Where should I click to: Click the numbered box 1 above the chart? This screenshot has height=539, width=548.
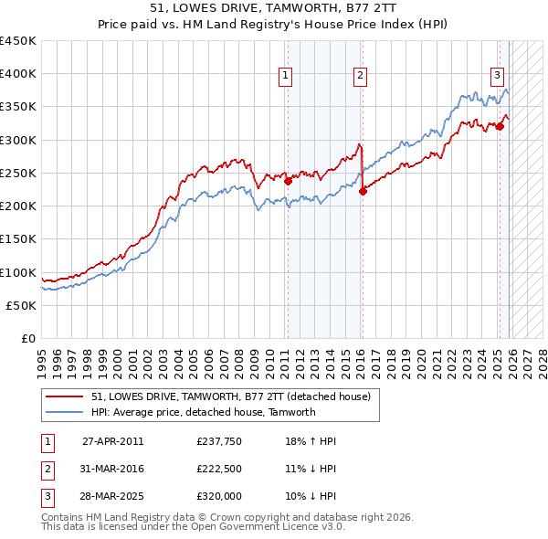click(x=286, y=76)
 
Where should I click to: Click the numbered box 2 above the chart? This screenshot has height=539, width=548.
click(x=361, y=76)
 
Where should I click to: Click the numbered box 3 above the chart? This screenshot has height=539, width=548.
click(x=497, y=76)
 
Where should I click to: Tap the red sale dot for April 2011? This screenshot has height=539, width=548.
click(x=288, y=181)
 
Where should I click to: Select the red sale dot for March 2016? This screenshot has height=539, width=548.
click(x=363, y=191)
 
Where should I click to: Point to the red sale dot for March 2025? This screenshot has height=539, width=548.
click(x=500, y=127)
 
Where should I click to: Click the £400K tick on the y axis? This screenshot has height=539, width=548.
click(x=18, y=74)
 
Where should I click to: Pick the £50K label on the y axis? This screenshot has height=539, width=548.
click(x=22, y=305)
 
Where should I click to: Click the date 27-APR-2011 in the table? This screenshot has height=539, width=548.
click(x=112, y=440)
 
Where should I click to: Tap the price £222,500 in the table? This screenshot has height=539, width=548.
click(x=218, y=469)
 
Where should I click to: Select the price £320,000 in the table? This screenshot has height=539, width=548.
click(x=218, y=497)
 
